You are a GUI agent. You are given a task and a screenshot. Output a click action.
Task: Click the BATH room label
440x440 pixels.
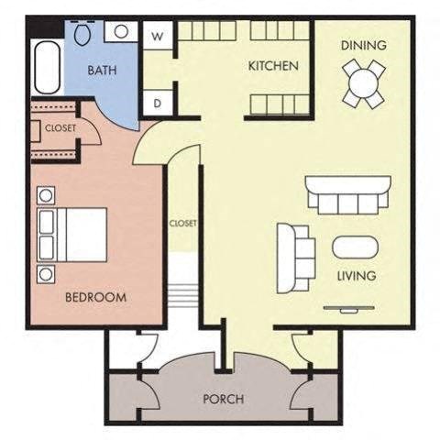click(101, 70)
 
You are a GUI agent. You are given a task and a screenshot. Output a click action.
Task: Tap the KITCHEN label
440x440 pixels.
click(274, 66)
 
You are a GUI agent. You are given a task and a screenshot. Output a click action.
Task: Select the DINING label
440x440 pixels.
click(363, 45)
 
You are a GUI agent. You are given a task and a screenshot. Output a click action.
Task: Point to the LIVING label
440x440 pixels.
click(357, 275)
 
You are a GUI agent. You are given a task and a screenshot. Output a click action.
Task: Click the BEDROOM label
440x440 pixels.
click(95, 297)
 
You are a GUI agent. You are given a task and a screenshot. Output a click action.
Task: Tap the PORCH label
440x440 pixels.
click(223, 399)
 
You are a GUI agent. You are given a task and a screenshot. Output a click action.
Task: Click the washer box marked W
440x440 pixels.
click(158, 37)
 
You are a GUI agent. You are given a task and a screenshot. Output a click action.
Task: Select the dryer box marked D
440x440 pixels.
click(158, 103)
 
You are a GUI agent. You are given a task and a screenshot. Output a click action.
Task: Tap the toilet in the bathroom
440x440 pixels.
click(82, 35)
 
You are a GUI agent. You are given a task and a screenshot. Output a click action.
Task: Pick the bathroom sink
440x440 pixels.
click(120, 32)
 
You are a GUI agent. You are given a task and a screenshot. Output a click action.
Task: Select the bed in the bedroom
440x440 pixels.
click(72, 235)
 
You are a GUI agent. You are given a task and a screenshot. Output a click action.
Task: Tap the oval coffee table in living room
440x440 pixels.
click(353, 248)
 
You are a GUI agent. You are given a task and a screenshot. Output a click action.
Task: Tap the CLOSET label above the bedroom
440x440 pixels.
click(60, 128)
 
